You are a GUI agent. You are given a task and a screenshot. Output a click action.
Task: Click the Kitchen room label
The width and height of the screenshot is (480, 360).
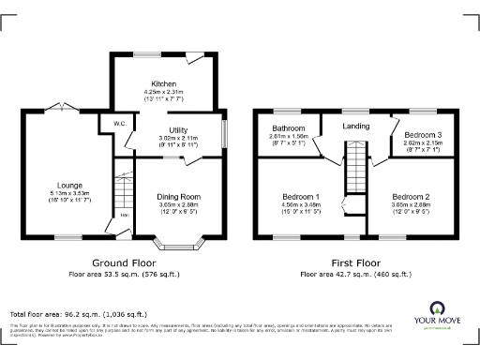pos(164,83)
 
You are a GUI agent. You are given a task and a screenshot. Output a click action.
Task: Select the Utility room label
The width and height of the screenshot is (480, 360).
pos(179,129)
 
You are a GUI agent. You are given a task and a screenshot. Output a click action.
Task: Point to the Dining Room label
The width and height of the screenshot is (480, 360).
pos(179,196)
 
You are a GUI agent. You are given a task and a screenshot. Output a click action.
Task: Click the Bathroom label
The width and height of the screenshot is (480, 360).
pos(289,127)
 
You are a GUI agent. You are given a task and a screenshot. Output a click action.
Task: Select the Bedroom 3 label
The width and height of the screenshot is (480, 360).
pos(422,135)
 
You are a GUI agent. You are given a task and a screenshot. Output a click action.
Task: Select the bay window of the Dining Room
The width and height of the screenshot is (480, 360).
pos(179,247)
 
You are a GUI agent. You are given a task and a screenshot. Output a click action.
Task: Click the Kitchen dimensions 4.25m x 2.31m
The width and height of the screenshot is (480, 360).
pos(164,92)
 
